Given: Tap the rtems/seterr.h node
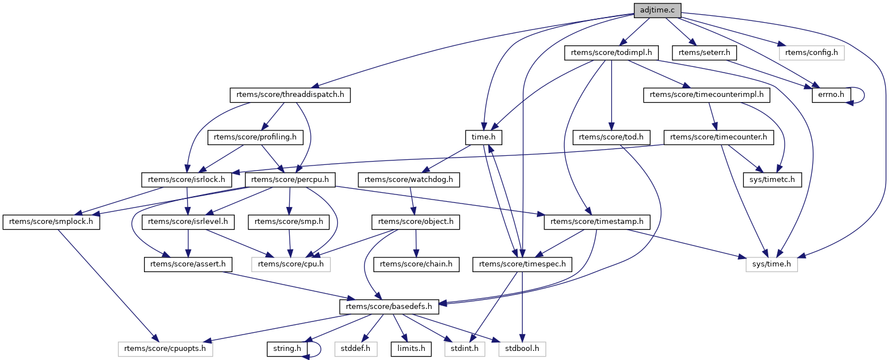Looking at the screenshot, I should pyautogui.click(x=705, y=53).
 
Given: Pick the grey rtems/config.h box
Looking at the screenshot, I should pyautogui.click(x=812, y=53).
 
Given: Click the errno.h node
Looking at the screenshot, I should pyautogui.click(x=831, y=95).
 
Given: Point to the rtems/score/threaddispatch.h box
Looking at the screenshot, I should pyautogui.click(x=290, y=95).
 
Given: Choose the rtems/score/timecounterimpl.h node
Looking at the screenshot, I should pyautogui.click(x=706, y=95).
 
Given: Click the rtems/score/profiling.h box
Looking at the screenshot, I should pyautogui.click(x=255, y=137).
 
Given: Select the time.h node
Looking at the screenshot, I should pyautogui.click(x=483, y=137).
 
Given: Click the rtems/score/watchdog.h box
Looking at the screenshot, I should pyautogui.click(x=409, y=180).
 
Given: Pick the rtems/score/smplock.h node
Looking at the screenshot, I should pyautogui.click(x=51, y=222).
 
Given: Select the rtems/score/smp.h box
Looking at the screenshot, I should pyautogui.click(x=289, y=222).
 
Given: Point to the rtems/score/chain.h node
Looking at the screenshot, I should pyautogui.click(x=416, y=264).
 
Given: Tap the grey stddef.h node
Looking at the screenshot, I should pyautogui.click(x=355, y=349).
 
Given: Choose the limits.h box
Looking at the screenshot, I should pyautogui.click(x=408, y=349).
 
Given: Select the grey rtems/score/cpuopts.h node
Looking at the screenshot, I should pyautogui.click(x=165, y=349).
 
